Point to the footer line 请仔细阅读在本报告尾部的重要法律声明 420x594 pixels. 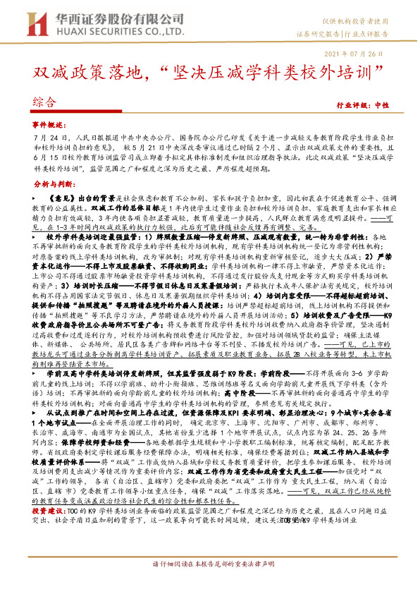point(209,583)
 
